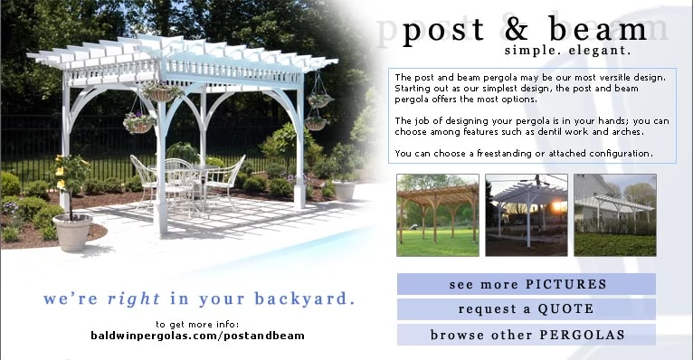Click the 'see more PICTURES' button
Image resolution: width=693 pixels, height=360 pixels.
527,284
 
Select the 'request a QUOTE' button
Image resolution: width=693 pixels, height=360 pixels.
527,309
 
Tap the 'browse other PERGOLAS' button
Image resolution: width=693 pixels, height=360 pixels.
527,335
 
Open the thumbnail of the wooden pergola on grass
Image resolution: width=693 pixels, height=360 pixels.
438,215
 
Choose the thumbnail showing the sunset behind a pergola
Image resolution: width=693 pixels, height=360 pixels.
527,215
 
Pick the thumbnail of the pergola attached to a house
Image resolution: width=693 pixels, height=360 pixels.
615,215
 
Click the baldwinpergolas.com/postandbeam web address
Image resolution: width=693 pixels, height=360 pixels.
197,336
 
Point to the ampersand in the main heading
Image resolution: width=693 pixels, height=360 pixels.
517,30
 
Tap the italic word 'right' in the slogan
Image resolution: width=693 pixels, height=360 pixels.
134,299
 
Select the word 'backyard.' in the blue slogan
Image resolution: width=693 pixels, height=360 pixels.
305,299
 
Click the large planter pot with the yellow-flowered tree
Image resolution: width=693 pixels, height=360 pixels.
72,232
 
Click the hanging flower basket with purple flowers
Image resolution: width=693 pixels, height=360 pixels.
139,123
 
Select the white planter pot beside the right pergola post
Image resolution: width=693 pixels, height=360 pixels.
344,191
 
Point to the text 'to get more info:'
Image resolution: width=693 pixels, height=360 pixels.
197,325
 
